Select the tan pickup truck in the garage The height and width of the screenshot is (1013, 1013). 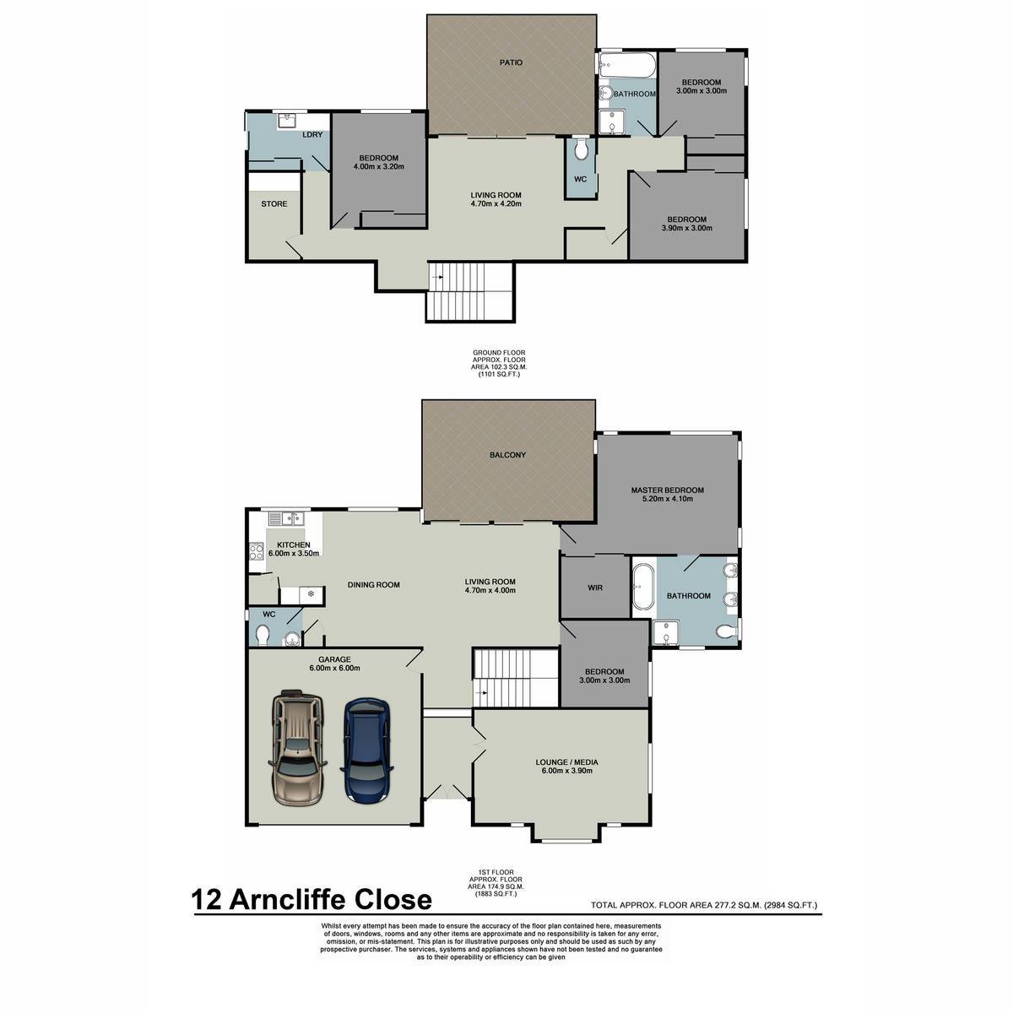pyautogui.click(x=297, y=748)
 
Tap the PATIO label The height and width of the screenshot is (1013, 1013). pyautogui.click(x=511, y=62)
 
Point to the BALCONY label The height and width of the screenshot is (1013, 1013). pyautogui.click(x=507, y=455)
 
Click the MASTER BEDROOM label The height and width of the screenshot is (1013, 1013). pyautogui.click(x=667, y=490)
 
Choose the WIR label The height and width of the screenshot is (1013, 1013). pyautogui.click(x=595, y=588)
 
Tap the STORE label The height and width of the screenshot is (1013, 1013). pyautogui.click(x=274, y=204)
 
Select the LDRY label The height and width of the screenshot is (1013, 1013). pyautogui.click(x=313, y=134)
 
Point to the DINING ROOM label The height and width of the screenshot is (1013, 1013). pyautogui.click(x=373, y=584)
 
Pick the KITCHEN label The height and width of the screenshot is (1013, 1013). pyautogui.click(x=293, y=544)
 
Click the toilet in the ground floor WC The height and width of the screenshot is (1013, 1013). pyautogui.click(x=580, y=149)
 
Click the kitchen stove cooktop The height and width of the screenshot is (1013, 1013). pyautogui.click(x=256, y=551)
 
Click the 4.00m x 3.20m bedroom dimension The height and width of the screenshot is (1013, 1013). pyautogui.click(x=378, y=166)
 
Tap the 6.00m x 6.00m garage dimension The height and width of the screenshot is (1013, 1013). pyautogui.click(x=335, y=668)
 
